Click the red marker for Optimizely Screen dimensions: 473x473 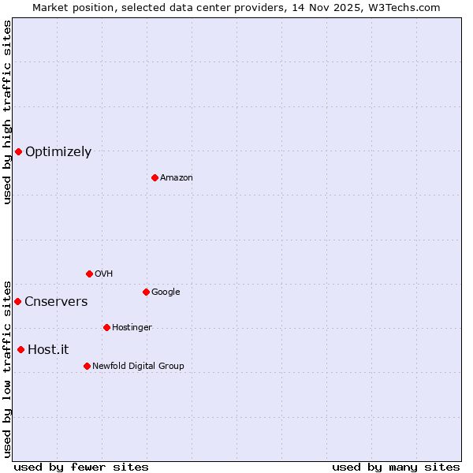click(18, 151)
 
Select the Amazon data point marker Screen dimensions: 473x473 click(155, 177)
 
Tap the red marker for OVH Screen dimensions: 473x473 click(89, 274)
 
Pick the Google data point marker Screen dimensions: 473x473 click(146, 292)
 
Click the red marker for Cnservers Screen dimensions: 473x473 click(17, 301)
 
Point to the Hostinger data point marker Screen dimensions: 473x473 click(106, 327)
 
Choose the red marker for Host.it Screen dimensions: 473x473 click(20, 349)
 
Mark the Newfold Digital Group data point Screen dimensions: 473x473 click(87, 366)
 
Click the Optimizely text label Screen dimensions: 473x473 click(58, 152)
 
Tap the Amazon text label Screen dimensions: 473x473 click(177, 178)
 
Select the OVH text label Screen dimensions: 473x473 click(103, 274)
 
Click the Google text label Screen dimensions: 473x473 click(166, 292)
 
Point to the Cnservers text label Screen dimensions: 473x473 click(56, 302)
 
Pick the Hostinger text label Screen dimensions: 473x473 click(132, 328)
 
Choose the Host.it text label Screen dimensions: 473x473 click(48, 350)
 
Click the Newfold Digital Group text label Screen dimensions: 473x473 click(138, 367)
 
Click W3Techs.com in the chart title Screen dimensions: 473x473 click(402, 7)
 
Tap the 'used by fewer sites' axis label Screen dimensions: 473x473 click(81, 467)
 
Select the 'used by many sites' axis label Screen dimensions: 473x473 click(396, 467)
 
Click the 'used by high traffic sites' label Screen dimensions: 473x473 click(7, 112)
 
